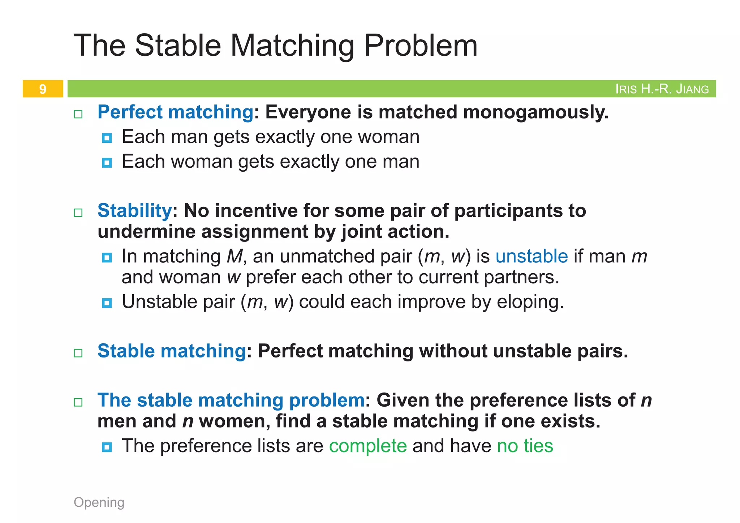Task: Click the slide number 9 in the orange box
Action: pyautogui.click(x=43, y=89)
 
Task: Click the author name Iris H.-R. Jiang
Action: pyautogui.click(x=662, y=89)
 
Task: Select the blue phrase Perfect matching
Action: pyautogui.click(x=175, y=112)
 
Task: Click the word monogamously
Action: pyautogui.click(x=535, y=112)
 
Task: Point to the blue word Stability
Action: pyautogui.click(x=134, y=211)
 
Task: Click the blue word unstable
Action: pyautogui.click(x=532, y=256)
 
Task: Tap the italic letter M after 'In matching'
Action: pyautogui.click(x=235, y=256)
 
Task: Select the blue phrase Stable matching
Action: pyautogui.click(x=172, y=351)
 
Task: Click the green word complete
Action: pyautogui.click(x=368, y=446)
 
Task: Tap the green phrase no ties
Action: pyautogui.click(x=525, y=446)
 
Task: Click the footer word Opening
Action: pyautogui.click(x=99, y=502)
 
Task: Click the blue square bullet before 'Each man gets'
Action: pyautogui.click(x=107, y=138)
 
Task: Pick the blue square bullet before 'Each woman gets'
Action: pyautogui.click(x=107, y=163)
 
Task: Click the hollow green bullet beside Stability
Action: pyautogui.click(x=78, y=213)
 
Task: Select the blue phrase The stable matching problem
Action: pyautogui.click(x=231, y=400)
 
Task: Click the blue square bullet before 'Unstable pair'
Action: pyautogui.click(x=107, y=303)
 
